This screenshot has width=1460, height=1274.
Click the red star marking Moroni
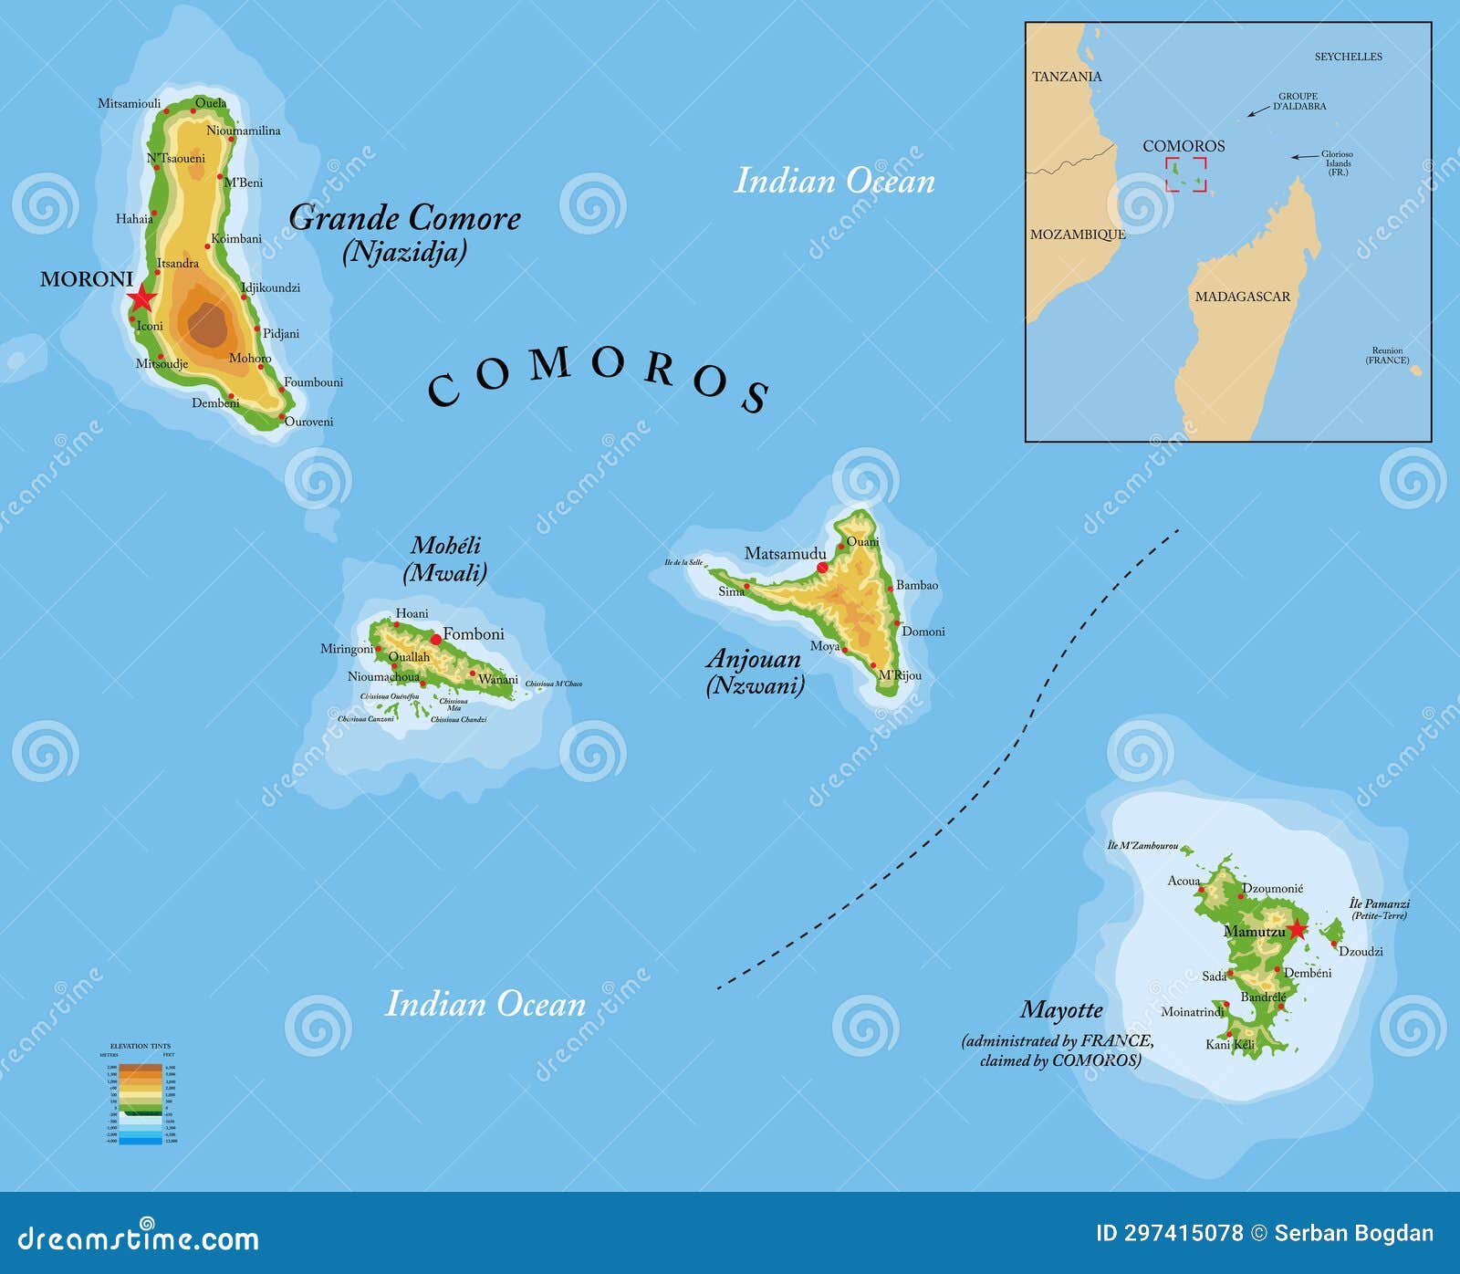pos(141,298)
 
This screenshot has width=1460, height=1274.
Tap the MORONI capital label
pos(87,279)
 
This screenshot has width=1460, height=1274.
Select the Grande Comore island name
pos(404,218)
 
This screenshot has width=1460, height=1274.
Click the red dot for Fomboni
pos(435,640)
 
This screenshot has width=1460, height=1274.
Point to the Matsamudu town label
pos(785,553)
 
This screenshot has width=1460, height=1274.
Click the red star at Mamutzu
pos(1297,929)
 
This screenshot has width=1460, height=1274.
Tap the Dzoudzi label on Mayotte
pos(1361,951)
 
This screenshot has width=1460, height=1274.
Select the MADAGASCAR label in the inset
pos(1242,297)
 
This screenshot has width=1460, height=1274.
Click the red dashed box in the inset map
pos(1185,174)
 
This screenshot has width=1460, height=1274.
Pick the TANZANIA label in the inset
pos(1067,77)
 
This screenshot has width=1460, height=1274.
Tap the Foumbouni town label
pos(313,382)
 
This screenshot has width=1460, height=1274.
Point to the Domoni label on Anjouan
pos(923,632)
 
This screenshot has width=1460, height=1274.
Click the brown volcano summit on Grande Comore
pos(208,325)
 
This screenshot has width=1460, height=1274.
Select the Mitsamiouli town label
pos(129,103)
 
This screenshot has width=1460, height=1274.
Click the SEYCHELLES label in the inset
pos(1348,57)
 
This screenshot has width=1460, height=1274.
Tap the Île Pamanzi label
pos(1380,903)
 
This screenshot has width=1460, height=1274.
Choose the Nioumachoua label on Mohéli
pos(383,677)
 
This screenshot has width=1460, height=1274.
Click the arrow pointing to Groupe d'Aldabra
pos(1258,111)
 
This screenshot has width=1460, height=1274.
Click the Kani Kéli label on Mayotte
pos(1229,1044)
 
